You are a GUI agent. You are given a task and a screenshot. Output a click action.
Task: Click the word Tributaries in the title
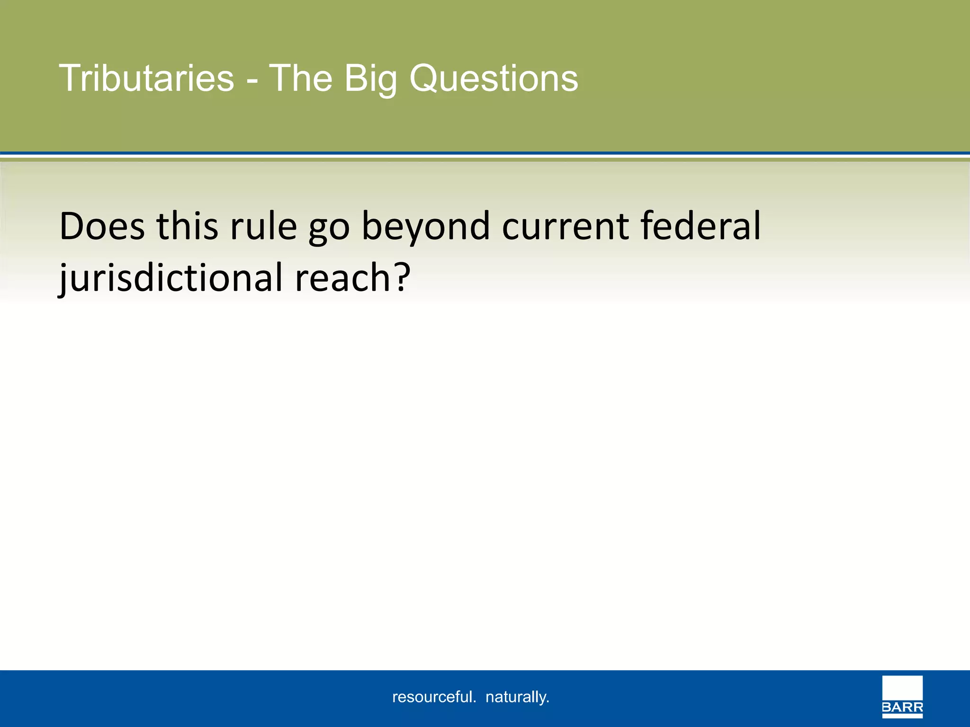pos(146,78)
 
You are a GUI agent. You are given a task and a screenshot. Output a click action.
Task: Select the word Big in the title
pos(370,79)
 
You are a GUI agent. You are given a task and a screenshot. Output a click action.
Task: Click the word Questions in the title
pos(493,79)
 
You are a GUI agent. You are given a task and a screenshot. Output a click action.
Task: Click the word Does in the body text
pos(102,226)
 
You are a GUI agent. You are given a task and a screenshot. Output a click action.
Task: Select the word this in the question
pos(187,226)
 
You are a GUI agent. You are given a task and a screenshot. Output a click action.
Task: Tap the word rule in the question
pos(263,226)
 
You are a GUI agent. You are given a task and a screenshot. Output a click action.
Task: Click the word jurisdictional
pos(171,278)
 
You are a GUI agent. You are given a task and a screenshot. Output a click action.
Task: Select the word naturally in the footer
pos(517,697)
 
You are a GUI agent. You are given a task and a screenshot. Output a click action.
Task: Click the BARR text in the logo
pos(902,708)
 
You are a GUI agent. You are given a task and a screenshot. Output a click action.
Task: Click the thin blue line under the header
pos(485,153)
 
